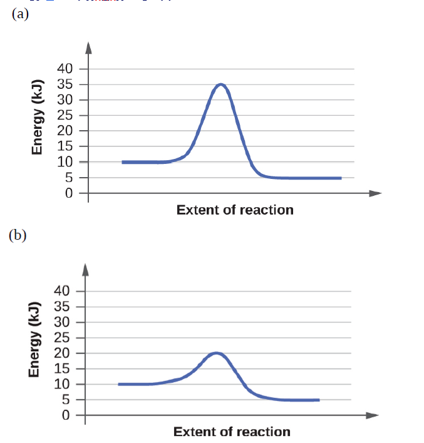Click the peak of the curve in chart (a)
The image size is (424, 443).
[220, 84]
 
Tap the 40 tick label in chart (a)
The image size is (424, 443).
[66, 68]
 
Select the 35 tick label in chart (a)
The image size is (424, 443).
[66, 84]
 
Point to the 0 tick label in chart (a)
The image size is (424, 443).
[69, 193]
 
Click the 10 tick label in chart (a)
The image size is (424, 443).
[66, 162]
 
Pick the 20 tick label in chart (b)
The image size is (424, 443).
[63, 353]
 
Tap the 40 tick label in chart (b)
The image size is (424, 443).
[63, 290]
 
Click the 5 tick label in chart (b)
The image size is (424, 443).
[66, 400]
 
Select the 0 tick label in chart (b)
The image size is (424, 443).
[66, 415]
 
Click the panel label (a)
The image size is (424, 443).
[20, 15]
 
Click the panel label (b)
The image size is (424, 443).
[18, 235]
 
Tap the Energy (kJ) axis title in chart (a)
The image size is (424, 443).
[39, 118]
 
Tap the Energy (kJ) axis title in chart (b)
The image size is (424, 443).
[35, 340]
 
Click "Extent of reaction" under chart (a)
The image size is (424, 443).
[235, 210]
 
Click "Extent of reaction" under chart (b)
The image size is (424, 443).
[232, 432]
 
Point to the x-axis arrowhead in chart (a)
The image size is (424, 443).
[376, 193]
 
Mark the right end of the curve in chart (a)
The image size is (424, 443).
[341, 178]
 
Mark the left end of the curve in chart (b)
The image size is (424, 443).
[119, 384]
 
